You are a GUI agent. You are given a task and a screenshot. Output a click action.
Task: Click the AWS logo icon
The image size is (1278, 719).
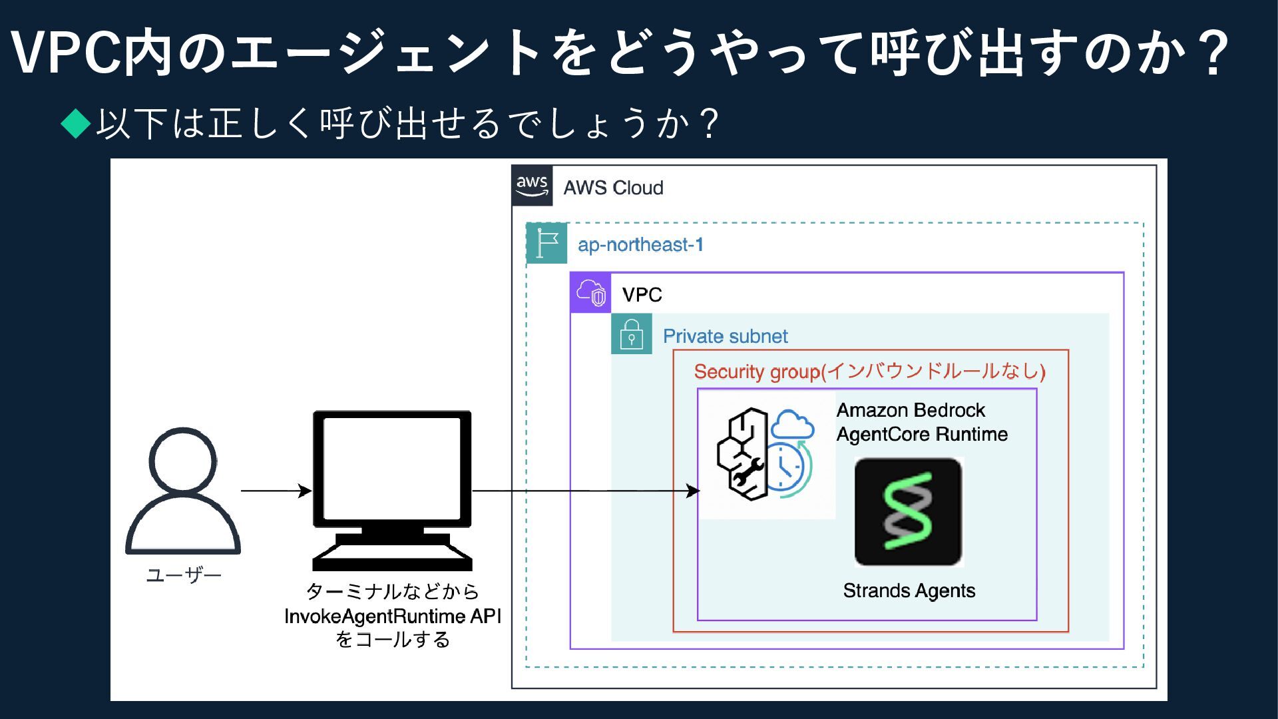coord(532,186)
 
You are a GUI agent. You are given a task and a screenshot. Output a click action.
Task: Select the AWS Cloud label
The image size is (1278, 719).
coord(613,188)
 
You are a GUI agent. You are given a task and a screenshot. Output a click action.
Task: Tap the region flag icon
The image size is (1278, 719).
coord(546,243)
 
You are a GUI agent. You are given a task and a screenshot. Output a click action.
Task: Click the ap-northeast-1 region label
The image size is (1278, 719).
coord(640,245)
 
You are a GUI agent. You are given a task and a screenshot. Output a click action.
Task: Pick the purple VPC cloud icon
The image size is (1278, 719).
coord(590,293)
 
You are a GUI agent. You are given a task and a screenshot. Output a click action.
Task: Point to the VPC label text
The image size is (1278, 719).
coord(642,295)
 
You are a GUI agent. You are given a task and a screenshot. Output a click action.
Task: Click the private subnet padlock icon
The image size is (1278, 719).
coord(631,334)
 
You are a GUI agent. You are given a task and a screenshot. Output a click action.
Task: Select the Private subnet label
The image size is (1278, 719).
coord(725,336)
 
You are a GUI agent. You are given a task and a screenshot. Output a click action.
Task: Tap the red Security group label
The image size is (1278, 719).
coord(869,371)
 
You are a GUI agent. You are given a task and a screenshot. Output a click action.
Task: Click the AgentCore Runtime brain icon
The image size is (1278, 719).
coord(765,454)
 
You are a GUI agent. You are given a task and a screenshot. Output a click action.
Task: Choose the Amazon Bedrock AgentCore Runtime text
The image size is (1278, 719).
coord(922,422)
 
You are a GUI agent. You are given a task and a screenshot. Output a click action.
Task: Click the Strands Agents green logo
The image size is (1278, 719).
coord(909,511)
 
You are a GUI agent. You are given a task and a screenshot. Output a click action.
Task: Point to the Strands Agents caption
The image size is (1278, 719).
coord(909,591)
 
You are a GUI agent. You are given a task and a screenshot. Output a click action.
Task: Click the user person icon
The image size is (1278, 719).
coord(183,491)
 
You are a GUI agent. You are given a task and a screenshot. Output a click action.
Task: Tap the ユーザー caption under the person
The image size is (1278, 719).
coord(184,575)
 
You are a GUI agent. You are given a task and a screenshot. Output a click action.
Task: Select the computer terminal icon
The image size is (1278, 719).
coord(392,490)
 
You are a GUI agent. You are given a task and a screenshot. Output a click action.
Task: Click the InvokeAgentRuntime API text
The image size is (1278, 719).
coord(393,616)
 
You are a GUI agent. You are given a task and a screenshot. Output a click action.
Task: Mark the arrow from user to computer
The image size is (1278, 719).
coord(276,491)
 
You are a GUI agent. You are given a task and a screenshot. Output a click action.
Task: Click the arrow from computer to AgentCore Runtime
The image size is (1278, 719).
coord(586,491)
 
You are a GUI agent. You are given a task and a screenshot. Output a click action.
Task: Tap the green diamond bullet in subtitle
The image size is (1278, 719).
coord(76,123)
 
